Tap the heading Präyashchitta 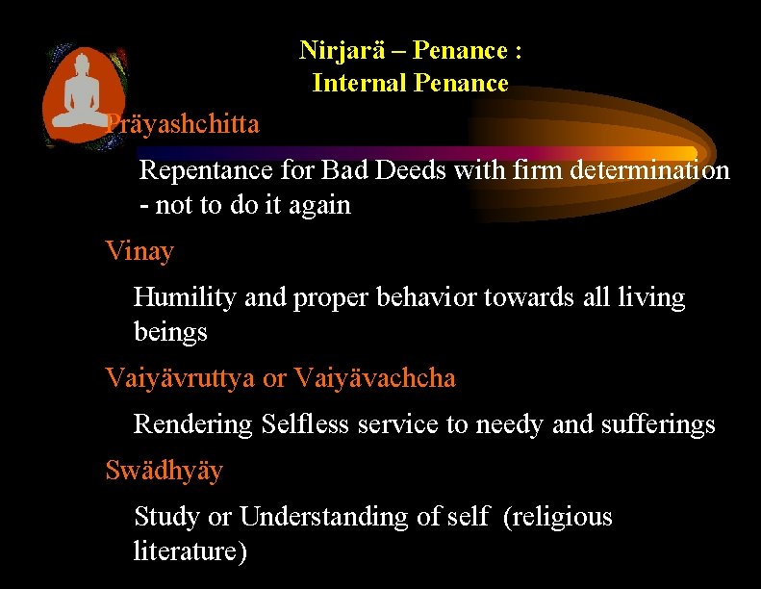point(183,124)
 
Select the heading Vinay point(140,252)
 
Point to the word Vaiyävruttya point(180,378)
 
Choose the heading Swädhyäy point(164,471)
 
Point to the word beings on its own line point(170,333)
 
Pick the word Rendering point(193,424)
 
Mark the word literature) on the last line point(190,551)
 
